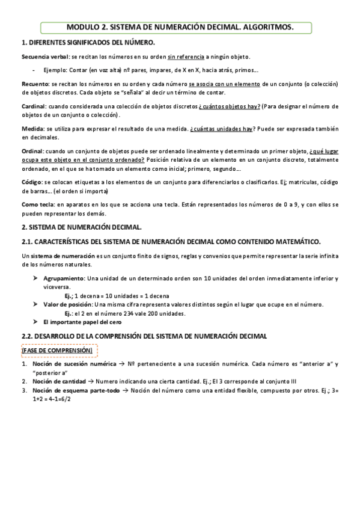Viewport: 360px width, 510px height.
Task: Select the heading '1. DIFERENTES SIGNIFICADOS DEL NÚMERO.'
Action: click(88, 43)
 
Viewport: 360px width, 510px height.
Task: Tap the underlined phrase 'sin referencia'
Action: click(187, 57)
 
